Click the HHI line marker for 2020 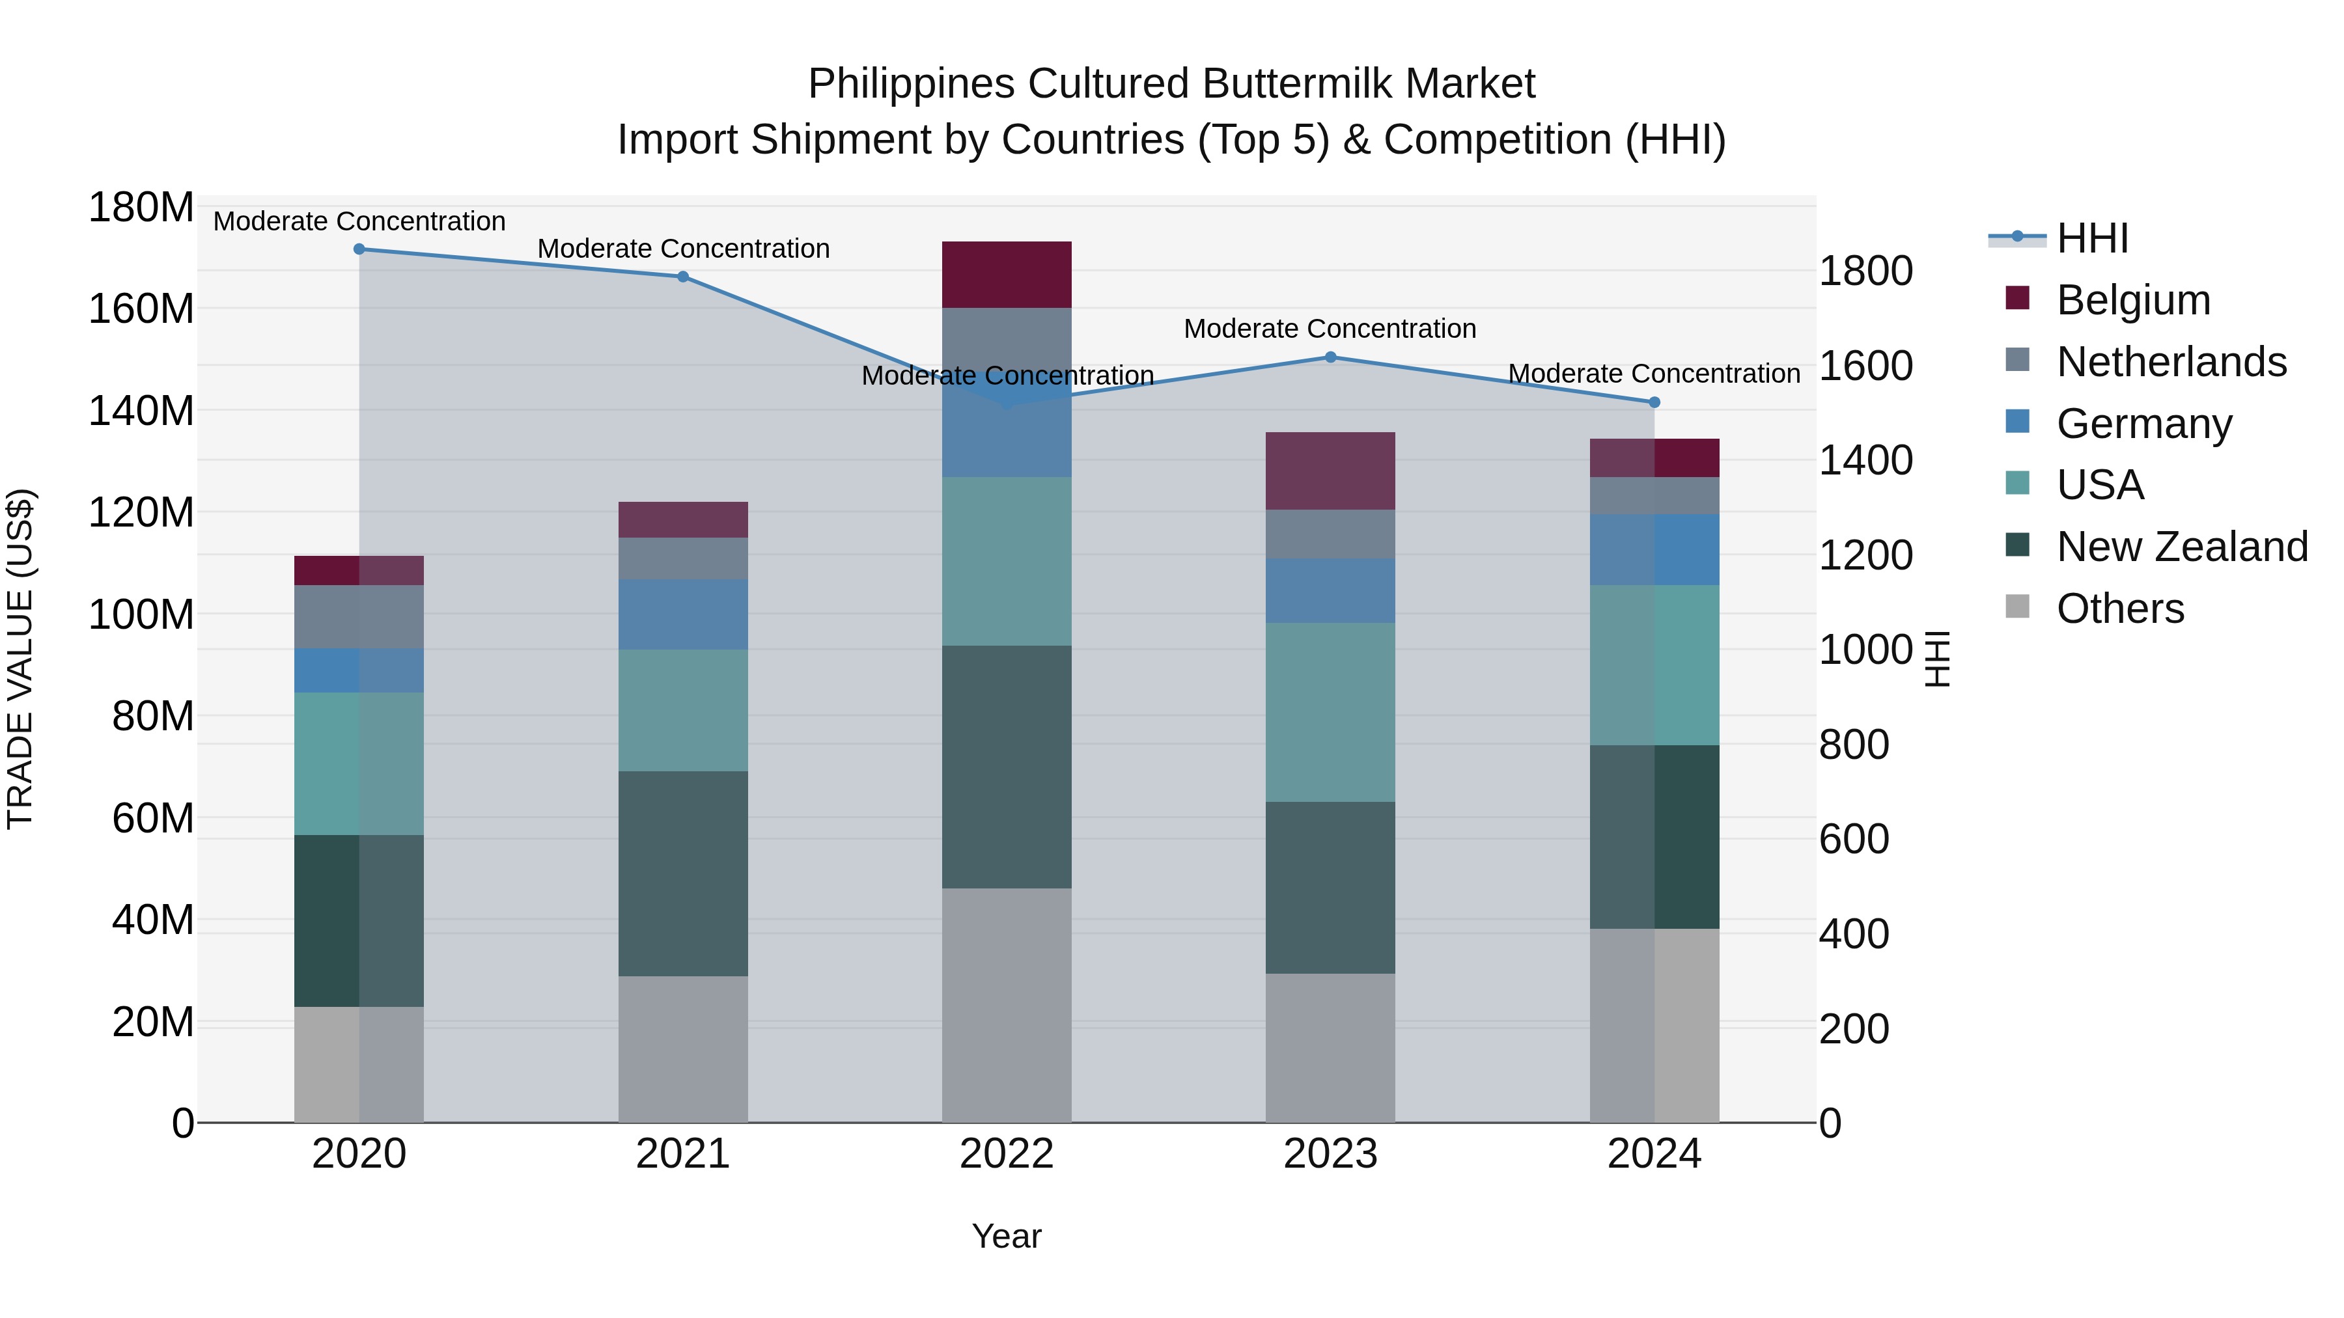(359, 249)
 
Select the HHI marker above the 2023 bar (1330, 357)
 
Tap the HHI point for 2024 (1654, 402)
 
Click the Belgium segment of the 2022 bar (1007, 275)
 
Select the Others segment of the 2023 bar (1330, 1048)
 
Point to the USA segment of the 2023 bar (1330, 712)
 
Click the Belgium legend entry (2133, 300)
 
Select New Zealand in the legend (2182, 547)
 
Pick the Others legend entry (2120, 609)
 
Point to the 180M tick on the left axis (141, 208)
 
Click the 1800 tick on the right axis (1865, 271)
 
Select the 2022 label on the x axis (1007, 1154)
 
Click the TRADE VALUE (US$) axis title (20, 659)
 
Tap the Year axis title (1007, 1236)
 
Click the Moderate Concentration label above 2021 (684, 249)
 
